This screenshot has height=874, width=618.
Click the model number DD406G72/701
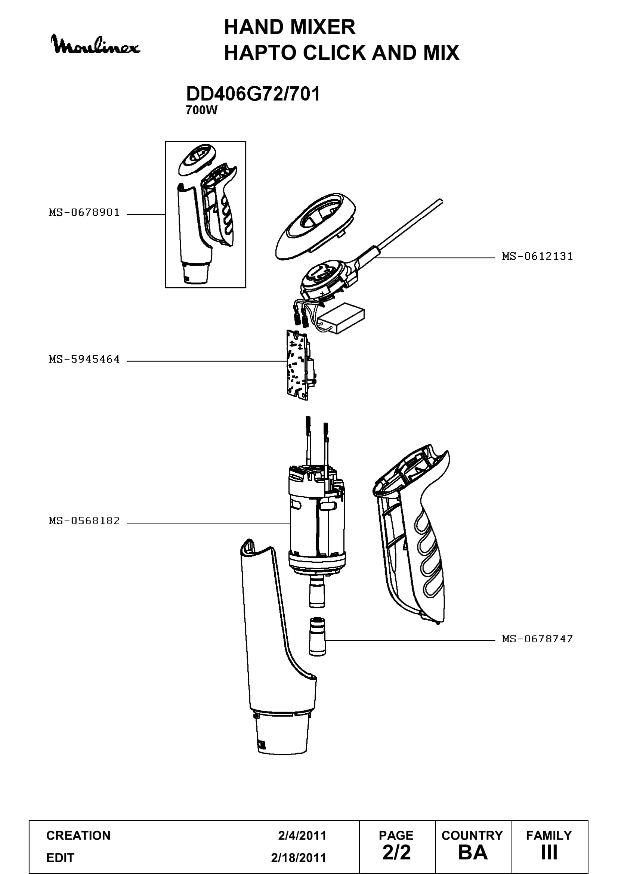253,94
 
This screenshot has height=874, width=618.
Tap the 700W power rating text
201,110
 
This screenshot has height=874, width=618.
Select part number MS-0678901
84,212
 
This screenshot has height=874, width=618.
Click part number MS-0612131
537,256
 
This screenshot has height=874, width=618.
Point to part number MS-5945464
84,359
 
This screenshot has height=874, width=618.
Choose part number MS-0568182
84,521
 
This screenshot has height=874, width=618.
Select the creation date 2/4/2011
302,836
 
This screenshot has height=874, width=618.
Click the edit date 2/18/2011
298,858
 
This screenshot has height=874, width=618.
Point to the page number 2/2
396,852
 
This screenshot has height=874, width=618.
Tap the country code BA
473,853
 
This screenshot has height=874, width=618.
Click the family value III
549,853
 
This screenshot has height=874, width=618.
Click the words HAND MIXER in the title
290,27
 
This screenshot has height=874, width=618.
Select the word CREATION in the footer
78,836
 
